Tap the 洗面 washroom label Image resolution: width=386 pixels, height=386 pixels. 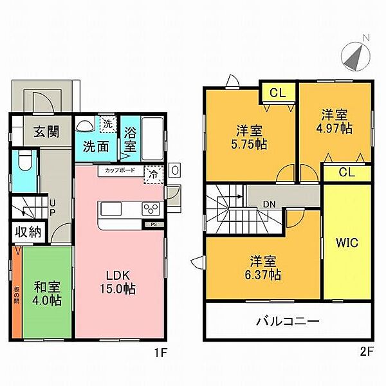click(95, 145)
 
